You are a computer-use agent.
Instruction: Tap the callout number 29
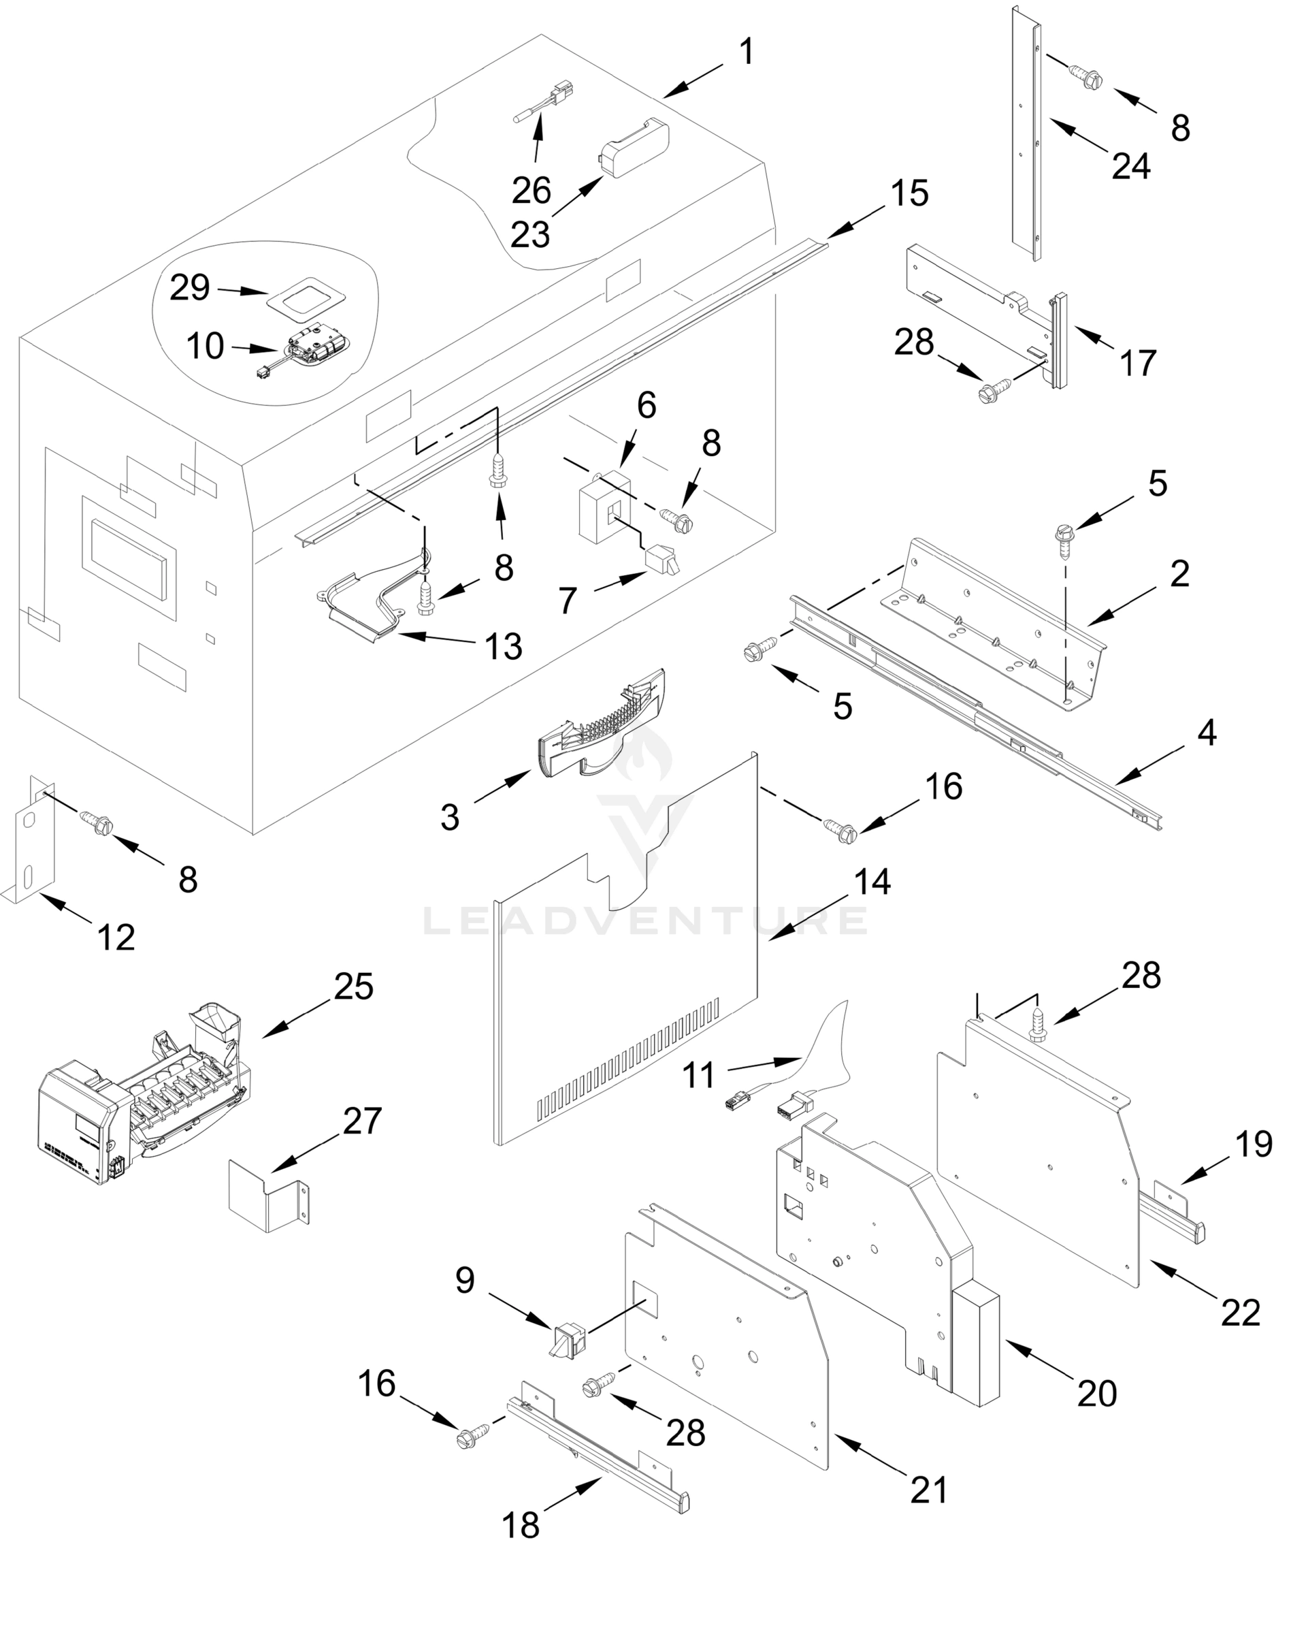click(x=189, y=289)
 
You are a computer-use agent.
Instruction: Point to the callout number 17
click(x=1138, y=363)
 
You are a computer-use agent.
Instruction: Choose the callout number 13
click(x=504, y=647)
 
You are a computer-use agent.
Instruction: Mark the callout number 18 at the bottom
click(x=521, y=1525)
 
